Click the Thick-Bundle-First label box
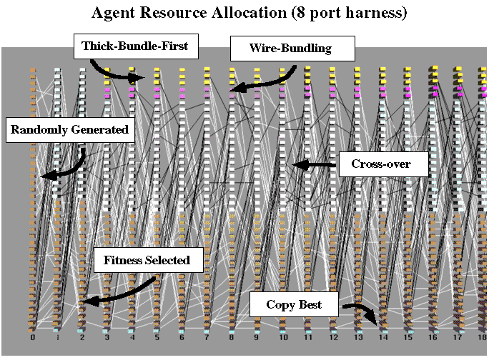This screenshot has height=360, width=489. click(134, 46)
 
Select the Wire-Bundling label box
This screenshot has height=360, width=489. click(291, 49)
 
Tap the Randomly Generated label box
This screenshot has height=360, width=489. click(69, 130)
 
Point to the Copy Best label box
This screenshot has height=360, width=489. click(294, 305)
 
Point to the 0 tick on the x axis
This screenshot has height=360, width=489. click(33, 338)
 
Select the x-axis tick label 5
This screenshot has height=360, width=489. click(157, 338)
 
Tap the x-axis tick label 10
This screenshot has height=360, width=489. click(282, 338)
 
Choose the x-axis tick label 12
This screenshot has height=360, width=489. click(332, 338)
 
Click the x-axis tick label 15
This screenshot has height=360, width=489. click(408, 338)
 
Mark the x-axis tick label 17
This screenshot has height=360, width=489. click(458, 338)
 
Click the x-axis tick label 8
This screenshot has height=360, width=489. click(232, 338)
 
